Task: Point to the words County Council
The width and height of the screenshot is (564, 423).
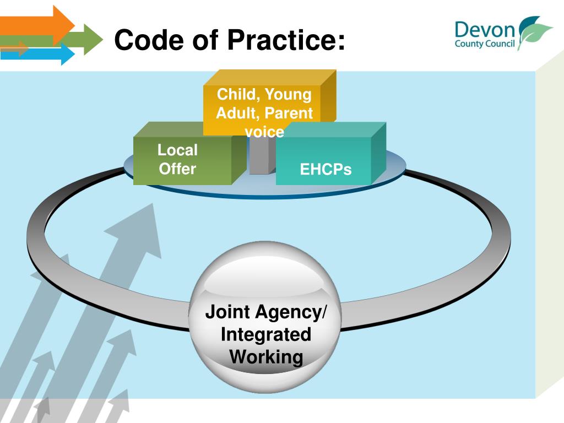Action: click(x=485, y=44)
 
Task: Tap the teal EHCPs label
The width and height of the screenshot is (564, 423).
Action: click(x=326, y=170)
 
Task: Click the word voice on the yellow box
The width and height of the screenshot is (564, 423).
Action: click(x=264, y=132)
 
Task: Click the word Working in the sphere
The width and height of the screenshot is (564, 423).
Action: click(x=266, y=357)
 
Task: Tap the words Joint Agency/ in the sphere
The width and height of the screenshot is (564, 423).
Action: click(x=266, y=312)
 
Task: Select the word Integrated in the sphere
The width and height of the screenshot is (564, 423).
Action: click(x=266, y=334)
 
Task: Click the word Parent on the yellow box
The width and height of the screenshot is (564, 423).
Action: click(x=288, y=113)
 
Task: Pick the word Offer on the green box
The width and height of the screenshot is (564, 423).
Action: click(x=177, y=169)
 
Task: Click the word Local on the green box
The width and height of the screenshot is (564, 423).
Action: click(x=177, y=150)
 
